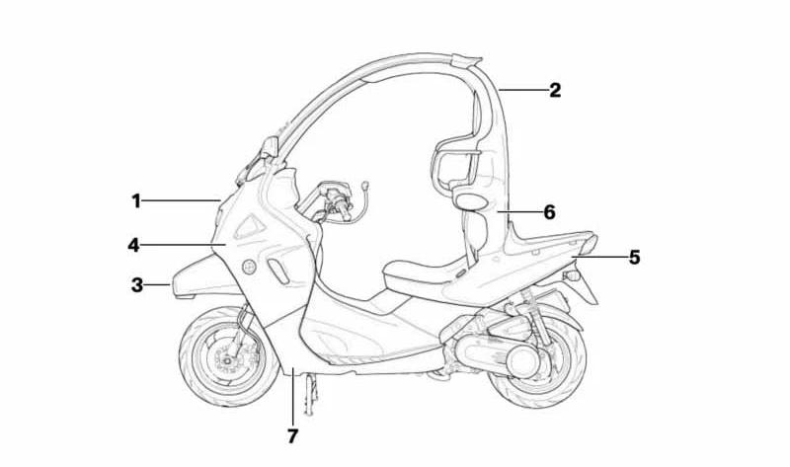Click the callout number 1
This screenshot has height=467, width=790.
136,201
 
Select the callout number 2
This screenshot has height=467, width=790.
555,90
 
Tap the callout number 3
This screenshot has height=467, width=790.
137,284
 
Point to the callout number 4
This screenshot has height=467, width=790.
133,245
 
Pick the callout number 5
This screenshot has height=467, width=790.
634,258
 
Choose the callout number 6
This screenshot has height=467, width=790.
550,212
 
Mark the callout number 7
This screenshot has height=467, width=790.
292,436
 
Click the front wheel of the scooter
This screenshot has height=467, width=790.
229,356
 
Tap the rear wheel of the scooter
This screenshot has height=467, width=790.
537,360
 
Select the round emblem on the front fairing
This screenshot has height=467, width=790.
249,267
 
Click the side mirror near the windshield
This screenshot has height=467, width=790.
269,147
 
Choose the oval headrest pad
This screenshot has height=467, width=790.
471,201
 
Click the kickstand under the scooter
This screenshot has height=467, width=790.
311,395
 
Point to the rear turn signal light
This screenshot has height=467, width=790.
572,276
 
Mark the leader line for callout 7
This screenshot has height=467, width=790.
292,397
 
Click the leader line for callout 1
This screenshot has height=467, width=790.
182,201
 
